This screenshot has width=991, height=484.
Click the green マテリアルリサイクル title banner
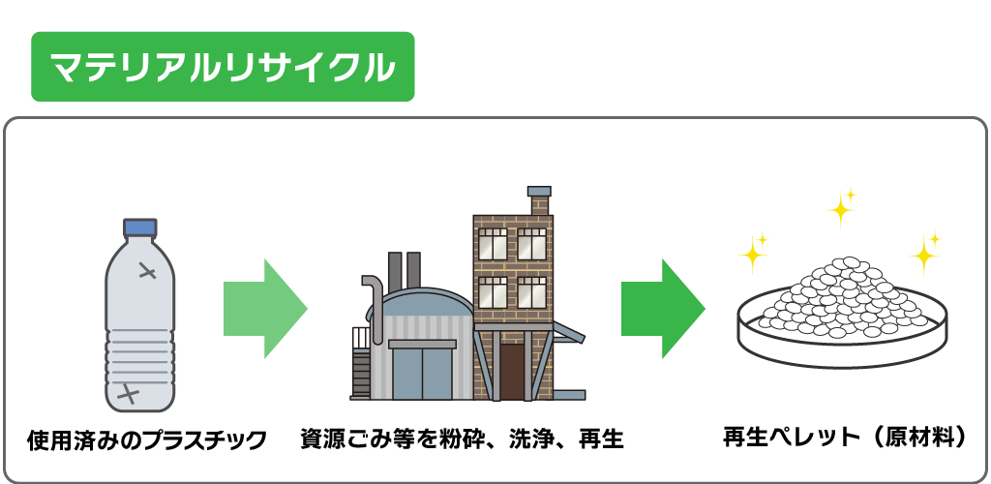pyautogui.click(x=223, y=67)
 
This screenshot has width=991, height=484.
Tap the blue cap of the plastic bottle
pyautogui.click(x=140, y=227)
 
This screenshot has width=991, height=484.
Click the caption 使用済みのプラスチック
pyautogui.click(x=146, y=440)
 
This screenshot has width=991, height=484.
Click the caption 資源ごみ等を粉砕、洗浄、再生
pyautogui.click(x=462, y=439)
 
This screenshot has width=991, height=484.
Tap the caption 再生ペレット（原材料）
pyautogui.click(x=845, y=437)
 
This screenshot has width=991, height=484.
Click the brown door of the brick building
pyautogui.click(x=512, y=371)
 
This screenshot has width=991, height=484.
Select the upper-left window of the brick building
pyautogui.click(x=493, y=243)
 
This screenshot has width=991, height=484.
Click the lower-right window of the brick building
pyautogui.click(x=531, y=292)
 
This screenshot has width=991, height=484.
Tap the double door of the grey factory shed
pyautogui.click(x=421, y=373)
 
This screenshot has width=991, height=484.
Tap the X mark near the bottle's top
pyautogui.click(x=147, y=271)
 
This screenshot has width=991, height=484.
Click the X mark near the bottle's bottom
pyautogui.click(x=128, y=394)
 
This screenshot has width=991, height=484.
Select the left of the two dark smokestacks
pyautogui.click(x=395, y=272)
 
